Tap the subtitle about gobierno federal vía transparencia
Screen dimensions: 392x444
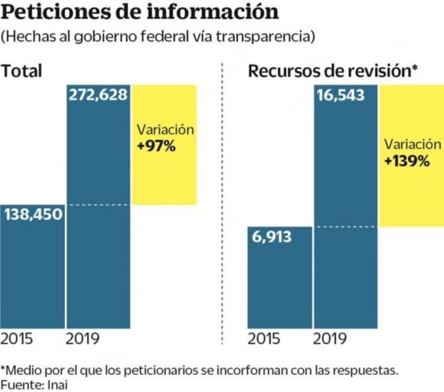point(158,37)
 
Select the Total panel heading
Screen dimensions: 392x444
point(22,70)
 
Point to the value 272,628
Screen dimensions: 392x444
point(98,95)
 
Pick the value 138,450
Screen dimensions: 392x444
point(33,215)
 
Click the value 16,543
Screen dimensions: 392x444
point(345,95)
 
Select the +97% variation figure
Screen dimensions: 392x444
point(154,145)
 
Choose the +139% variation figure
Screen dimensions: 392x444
point(407,161)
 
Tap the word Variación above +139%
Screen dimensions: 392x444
point(412,144)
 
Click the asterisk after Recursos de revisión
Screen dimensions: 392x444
point(415,67)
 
